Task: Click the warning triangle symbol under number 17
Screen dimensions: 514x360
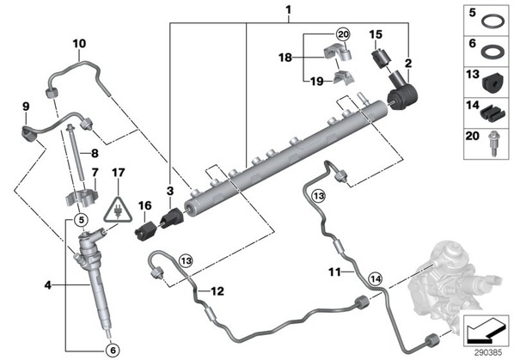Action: (118, 211)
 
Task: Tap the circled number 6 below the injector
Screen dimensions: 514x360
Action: (113, 351)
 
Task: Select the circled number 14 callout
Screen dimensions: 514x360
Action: (375, 278)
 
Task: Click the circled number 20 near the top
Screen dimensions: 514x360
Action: (343, 34)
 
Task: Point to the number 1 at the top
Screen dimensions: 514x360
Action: (289, 9)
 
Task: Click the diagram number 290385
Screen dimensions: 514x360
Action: (488, 352)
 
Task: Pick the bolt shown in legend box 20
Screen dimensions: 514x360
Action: (493, 143)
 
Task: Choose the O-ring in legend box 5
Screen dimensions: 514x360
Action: (492, 22)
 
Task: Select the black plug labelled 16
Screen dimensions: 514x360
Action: (146, 230)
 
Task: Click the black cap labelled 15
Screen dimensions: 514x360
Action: (380, 59)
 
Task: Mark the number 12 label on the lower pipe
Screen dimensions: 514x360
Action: (217, 291)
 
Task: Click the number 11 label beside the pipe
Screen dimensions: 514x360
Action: (334, 272)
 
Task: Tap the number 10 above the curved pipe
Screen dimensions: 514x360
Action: (79, 43)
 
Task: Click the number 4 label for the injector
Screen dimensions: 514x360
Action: (48, 285)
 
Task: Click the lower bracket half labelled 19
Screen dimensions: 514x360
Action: (344, 77)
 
